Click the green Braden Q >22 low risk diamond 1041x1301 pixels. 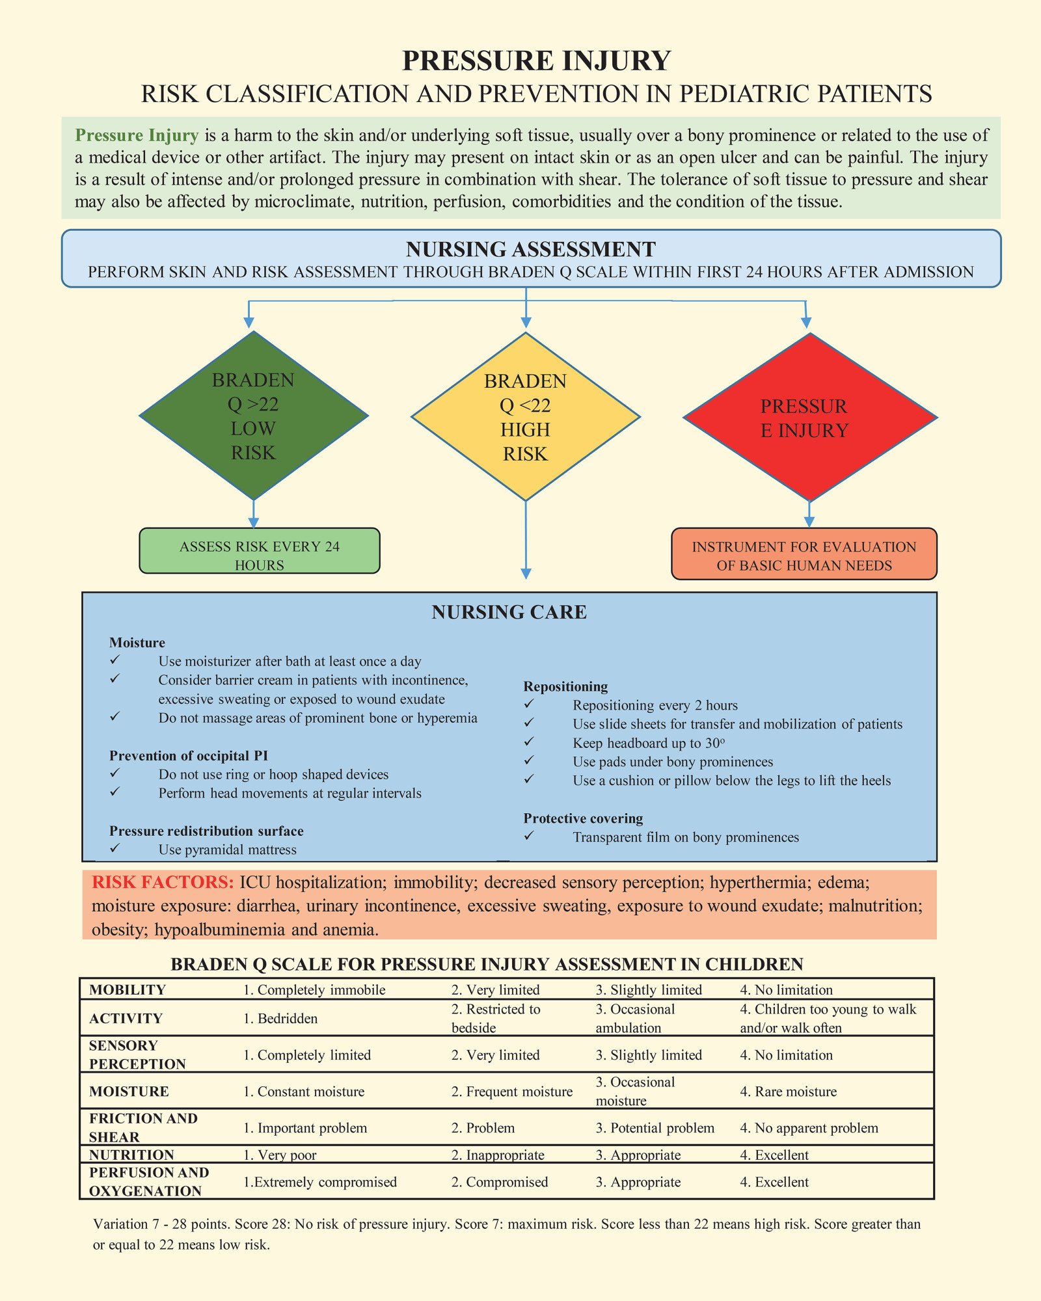click(254, 416)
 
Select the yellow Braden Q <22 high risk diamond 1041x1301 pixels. click(526, 416)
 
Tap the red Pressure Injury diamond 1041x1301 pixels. click(810, 417)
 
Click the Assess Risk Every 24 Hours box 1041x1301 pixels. click(260, 550)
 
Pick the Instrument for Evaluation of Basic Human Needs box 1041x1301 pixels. click(804, 554)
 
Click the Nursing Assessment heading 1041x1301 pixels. click(531, 249)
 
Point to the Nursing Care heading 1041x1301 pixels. click(509, 612)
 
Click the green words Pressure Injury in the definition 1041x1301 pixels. click(137, 135)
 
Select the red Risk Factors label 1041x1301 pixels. click(163, 882)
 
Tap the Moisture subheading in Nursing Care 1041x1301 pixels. click(137, 643)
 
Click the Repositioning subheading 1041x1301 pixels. click(565, 686)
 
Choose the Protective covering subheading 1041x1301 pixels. click(583, 818)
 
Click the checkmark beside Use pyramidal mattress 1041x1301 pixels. click(115, 848)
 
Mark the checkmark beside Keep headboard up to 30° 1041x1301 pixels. click(529, 742)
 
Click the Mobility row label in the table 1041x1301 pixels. click(128, 990)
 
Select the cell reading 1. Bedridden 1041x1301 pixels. click(280, 1019)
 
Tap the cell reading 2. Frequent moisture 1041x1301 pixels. click(512, 1092)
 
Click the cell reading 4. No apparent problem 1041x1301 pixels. click(809, 1128)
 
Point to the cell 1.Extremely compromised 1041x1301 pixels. click(320, 1182)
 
